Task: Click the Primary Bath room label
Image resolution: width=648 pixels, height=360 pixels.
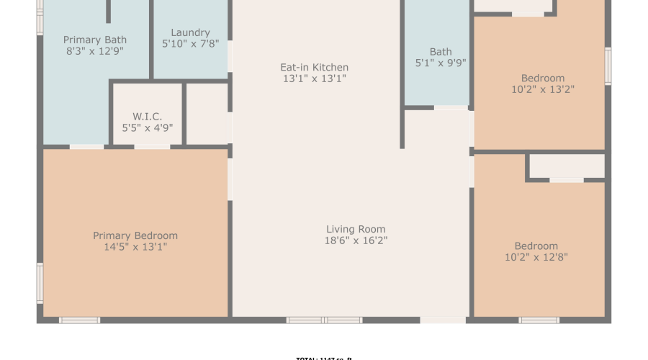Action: point(95,40)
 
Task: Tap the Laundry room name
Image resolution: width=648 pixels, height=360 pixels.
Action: point(191,32)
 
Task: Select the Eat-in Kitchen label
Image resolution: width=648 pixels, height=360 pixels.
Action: point(314,67)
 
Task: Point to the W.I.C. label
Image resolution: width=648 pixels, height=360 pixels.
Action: point(148,116)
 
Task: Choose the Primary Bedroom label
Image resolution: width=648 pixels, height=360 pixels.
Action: point(135,235)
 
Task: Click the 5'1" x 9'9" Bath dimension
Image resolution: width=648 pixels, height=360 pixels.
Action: point(441,63)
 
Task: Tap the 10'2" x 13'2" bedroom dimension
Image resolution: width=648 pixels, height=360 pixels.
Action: point(543,89)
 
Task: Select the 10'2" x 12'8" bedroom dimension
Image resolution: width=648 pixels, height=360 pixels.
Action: point(536,257)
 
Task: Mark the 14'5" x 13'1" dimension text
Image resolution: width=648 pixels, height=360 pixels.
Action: point(135,247)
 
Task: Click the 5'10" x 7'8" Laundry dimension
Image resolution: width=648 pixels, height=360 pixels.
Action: point(191,44)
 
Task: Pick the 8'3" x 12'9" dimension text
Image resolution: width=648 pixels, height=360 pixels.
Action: point(95,51)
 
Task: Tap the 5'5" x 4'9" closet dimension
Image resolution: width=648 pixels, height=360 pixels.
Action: point(148,127)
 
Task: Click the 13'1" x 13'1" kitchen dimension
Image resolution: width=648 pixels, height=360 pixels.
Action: point(314,78)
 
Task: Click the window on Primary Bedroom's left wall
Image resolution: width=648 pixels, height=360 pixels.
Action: point(40,282)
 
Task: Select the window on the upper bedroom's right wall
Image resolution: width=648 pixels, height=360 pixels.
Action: point(608,66)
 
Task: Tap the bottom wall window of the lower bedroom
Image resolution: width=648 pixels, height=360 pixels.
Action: point(539,320)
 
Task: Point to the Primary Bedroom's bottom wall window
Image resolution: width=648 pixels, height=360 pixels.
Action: point(79,320)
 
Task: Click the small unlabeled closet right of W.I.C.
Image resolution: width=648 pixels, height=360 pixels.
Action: point(207,114)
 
